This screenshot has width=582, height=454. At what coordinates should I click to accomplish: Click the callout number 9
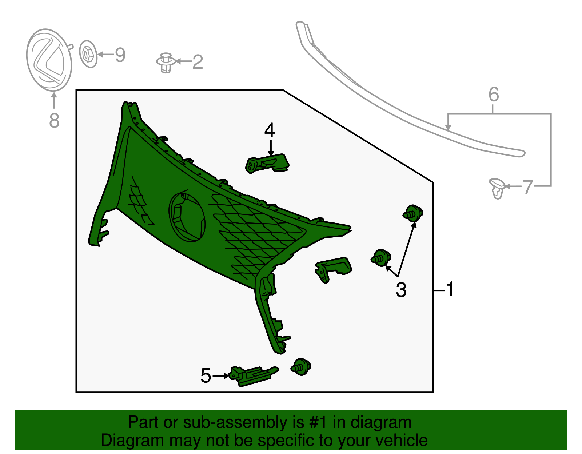(x=120, y=55)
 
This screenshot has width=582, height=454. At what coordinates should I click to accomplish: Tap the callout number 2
(x=198, y=62)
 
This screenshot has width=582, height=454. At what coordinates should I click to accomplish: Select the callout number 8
(x=54, y=120)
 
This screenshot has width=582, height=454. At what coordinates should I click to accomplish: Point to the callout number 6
(x=494, y=94)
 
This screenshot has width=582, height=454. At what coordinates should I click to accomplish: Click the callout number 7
(x=528, y=187)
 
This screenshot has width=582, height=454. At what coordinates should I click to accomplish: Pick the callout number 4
(x=270, y=130)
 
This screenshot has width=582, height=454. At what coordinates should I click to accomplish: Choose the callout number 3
(x=401, y=290)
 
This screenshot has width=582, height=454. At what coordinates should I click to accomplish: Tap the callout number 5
(x=206, y=375)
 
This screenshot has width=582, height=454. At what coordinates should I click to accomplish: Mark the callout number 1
(x=450, y=289)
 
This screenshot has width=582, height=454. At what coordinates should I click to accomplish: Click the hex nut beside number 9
(x=88, y=54)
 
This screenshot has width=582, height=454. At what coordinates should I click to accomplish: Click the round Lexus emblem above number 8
(x=49, y=60)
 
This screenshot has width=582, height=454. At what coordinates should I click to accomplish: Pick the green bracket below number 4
(x=267, y=164)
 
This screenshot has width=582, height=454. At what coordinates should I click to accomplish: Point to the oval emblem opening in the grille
(x=187, y=218)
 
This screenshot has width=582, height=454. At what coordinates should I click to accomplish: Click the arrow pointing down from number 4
(x=271, y=148)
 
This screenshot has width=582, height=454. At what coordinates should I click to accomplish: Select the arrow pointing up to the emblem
(x=54, y=100)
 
